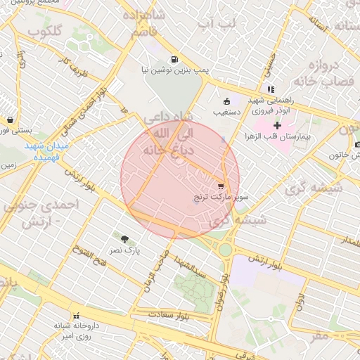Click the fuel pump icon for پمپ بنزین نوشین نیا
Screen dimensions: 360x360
tap(174, 59)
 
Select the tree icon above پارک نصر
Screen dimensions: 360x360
tap(125, 239)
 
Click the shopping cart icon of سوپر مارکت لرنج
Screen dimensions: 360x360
tap(221, 187)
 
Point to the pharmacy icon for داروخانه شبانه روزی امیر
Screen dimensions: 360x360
tap(76, 316)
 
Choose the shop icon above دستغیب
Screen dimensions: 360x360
tap(226, 101)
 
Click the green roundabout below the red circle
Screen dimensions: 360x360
tap(225, 250)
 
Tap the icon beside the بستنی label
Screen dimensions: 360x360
tap(10, 120)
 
